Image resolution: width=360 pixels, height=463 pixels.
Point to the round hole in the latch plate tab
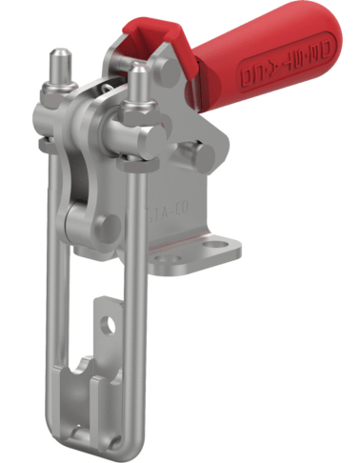pyautogui.click(x=110, y=324)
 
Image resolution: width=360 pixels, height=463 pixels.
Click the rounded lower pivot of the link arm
pyautogui.click(x=81, y=223)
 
